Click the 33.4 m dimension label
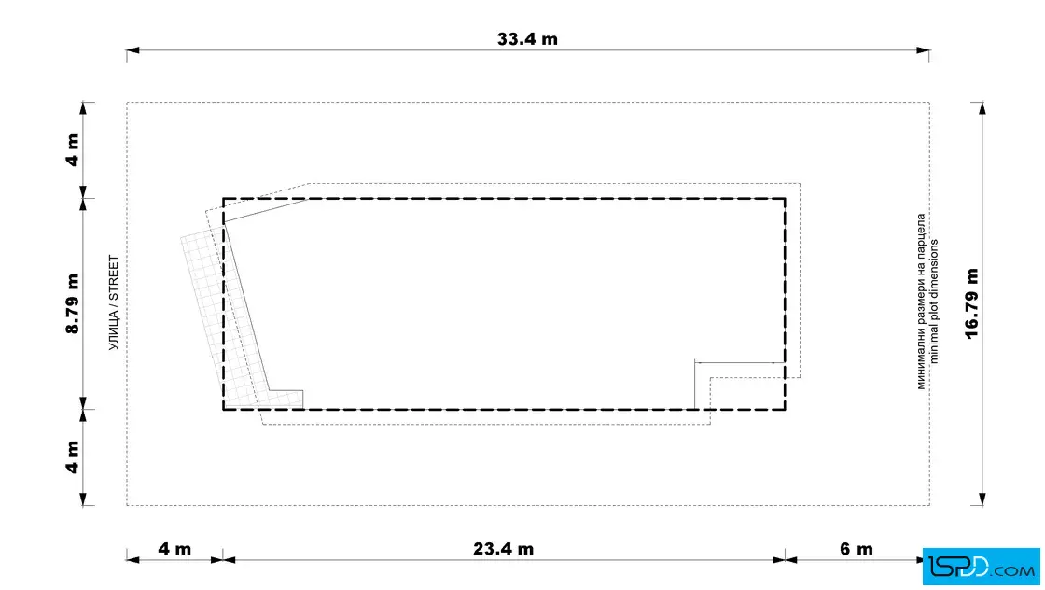coord(527,39)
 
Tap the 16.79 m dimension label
coord(971,304)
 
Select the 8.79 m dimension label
coord(73,303)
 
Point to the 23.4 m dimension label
coord(503,549)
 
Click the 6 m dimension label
coord(857,549)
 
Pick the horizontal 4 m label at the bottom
coord(174,549)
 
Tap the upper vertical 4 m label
coord(73,150)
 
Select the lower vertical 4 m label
coord(73,457)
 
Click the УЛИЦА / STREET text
coord(114,302)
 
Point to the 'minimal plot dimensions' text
coord(934,302)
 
